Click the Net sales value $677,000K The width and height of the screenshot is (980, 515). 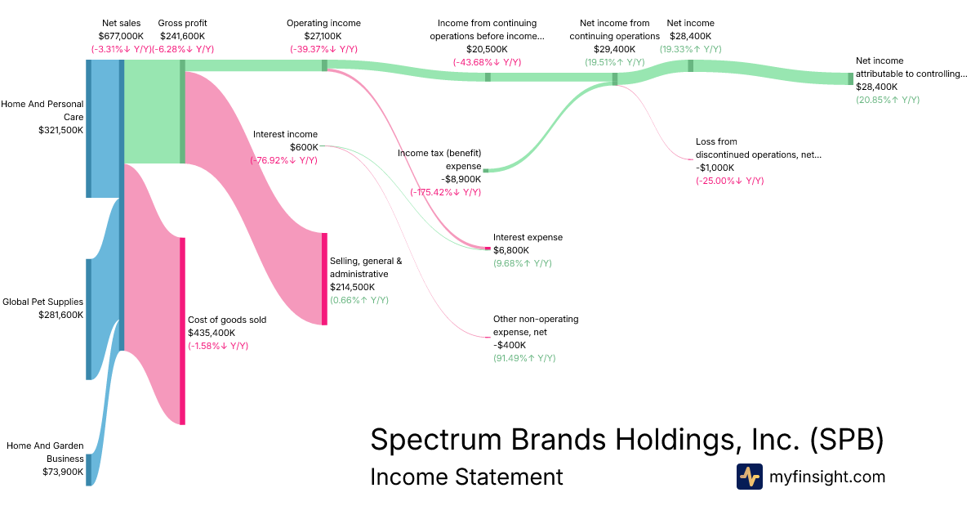pos(121,36)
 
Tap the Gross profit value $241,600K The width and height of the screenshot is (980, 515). pos(183,36)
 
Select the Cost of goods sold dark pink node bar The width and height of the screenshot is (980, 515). pos(183,331)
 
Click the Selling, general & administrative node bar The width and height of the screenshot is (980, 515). pos(324,279)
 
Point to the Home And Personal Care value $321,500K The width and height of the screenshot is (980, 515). pos(60,130)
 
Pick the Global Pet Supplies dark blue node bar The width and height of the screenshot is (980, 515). pos(88,319)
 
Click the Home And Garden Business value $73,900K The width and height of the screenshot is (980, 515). pos(63,472)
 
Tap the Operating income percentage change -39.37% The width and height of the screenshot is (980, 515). pos(323,49)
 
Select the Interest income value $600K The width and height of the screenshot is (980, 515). pos(304,147)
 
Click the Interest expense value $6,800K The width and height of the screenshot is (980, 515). pos(511,250)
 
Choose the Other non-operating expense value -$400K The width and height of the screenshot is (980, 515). pos(510,345)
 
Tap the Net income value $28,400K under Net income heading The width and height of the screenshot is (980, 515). pos(690,36)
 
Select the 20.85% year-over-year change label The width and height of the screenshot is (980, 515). pos(887,100)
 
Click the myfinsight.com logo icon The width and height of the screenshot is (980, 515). pos(749,477)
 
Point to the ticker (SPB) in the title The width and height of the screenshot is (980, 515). pos(847,439)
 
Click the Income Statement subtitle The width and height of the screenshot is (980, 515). pos(466,477)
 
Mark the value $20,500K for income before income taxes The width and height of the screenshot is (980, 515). pos(488,49)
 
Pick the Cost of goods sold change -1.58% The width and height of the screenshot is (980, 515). pos(218,346)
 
